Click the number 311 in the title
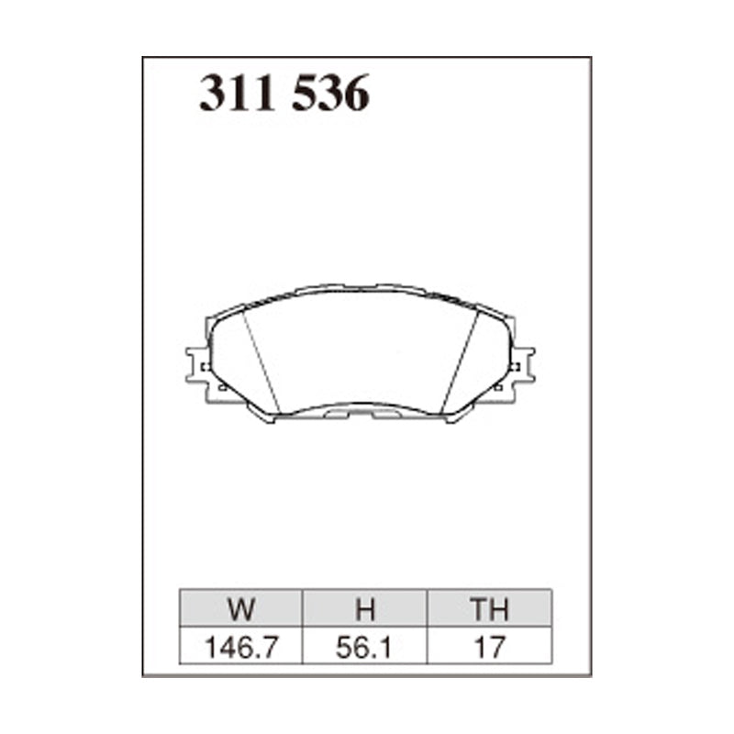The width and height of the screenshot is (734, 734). [239, 95]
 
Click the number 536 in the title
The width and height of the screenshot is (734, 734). [330, 95]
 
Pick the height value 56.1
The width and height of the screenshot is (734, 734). [364, 647]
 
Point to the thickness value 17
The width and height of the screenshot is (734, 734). [488, 647]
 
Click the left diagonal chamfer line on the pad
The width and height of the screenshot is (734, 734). [262, 361]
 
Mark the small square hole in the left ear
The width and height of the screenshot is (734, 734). [206, 367]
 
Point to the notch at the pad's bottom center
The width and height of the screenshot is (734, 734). [361, 415]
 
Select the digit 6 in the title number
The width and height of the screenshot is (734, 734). [354, 95]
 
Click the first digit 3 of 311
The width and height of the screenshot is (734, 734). [215, 95]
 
